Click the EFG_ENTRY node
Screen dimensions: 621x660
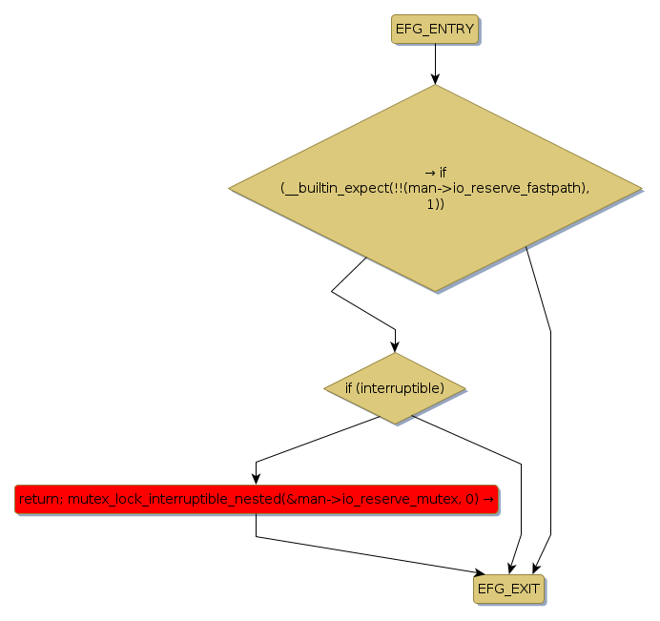tap(434, 29)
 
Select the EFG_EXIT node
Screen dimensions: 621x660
tap(508, 589)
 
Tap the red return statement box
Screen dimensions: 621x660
tap(256, 499)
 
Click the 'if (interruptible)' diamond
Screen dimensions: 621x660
tap(394, 388)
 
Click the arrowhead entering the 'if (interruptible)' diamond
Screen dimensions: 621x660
tap(395, 346)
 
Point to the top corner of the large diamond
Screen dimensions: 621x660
tap(435, 85)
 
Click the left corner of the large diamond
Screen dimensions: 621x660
tap(230, 188)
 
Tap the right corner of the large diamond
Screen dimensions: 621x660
tap(641, 188)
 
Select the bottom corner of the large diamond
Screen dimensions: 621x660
tap(435, 291)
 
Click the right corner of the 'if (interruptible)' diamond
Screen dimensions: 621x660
tap(465, 388)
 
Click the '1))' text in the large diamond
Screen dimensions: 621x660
tap(435, 204)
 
